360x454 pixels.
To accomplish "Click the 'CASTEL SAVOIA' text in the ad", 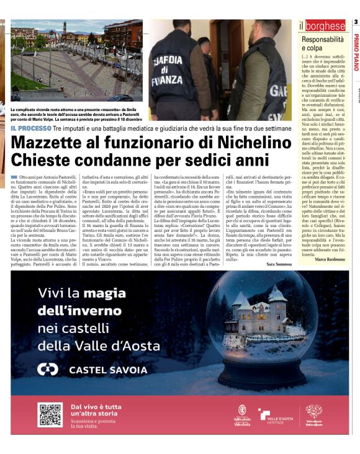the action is coord(98,370).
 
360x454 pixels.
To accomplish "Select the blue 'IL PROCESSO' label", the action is coord(30,128).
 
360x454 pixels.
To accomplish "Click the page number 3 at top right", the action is coord(356,23).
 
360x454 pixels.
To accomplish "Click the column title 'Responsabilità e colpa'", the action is coord(323,43).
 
